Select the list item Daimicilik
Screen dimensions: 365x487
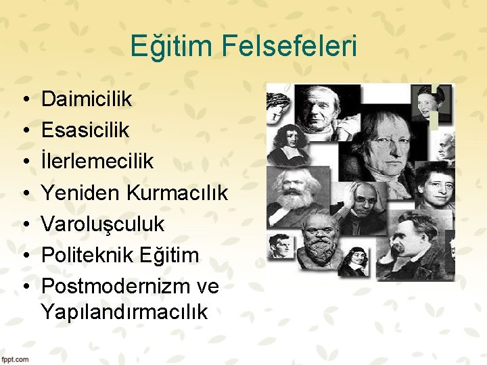[87, 100]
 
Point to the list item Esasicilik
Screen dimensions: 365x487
[85, 130]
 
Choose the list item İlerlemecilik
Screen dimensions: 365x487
[97, 162]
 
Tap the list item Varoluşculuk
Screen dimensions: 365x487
[103, 224]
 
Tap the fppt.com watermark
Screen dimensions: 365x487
[15, 359]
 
